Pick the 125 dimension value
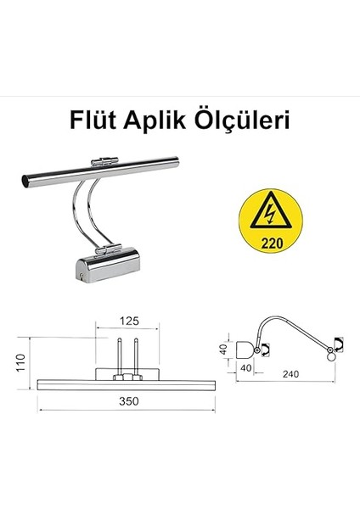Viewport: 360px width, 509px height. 128,321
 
